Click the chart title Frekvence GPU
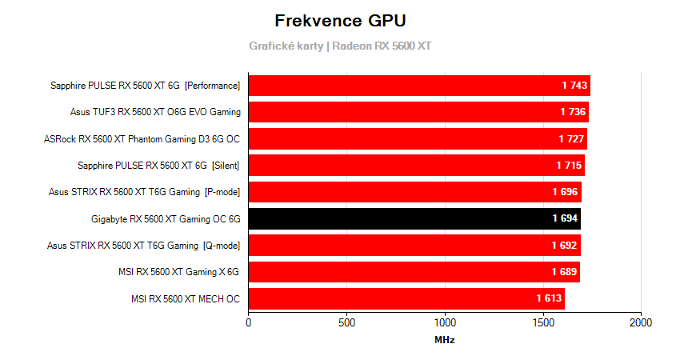pyautogui.click(x=339, y=20)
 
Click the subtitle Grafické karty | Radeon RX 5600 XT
pyautogui.click(x=339, y=46)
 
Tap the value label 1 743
pyautogui.click(x=575, y=86)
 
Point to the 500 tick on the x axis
pyautogui.click(x=346, y=322)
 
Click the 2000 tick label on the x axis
pyautogui.click(x=641, y=322)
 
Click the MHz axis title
pyautogui.click(x=445, y=340)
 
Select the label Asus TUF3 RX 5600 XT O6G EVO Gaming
pyautogui.click(x=155, y=112)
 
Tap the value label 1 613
pyautogui.click(x=550, y=299)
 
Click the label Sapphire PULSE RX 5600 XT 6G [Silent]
pyautogui.click(x=158, y=166)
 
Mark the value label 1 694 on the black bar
pyautogui.click(x=566, y=218)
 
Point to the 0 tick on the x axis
pyautogui.click(x=249, y=322)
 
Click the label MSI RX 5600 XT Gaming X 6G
pyautogui.click(x=178, y=272)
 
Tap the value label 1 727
pyautogui.click(x=572, y=139)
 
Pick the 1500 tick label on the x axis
pyautogui.click(x=542, y=322)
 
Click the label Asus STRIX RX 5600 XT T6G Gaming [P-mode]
pyautogui.click(x=144, y=192)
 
